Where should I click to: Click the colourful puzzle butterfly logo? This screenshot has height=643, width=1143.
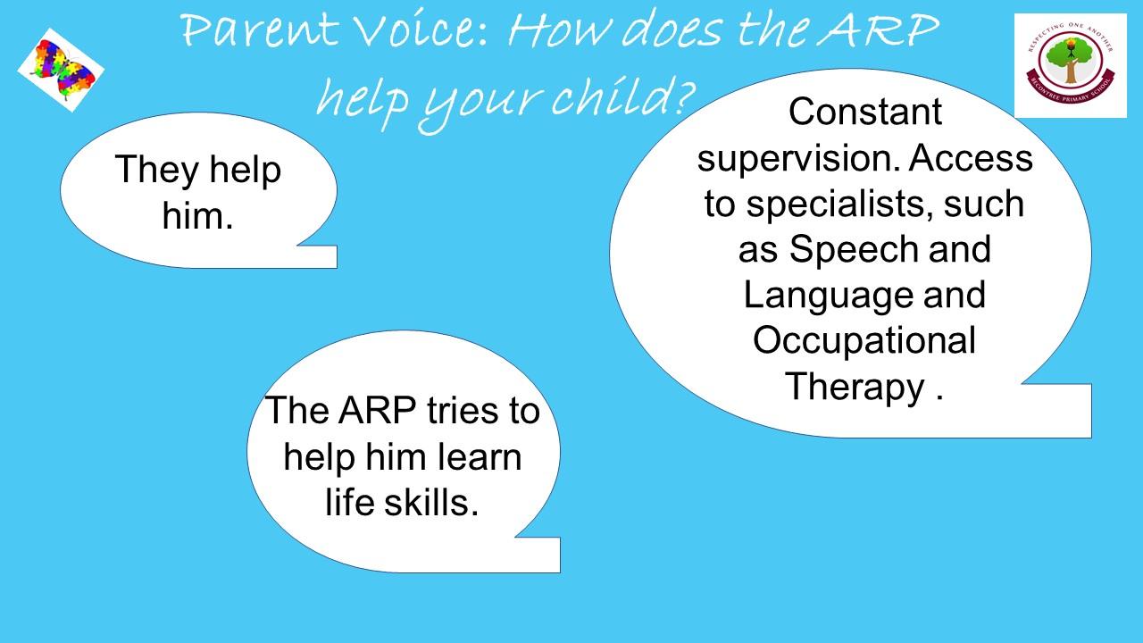[61, 70]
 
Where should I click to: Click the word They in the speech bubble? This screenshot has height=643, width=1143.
[156, 171]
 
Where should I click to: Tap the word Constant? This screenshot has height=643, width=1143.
[865, 112]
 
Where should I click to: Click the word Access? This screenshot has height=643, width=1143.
[971, 158]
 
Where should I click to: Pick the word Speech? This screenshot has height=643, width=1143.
[853, 251]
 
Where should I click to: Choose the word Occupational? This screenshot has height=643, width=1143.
[864, 342]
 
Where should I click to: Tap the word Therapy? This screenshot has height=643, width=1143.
[855, 388]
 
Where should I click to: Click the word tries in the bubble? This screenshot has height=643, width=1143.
[462, 410]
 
